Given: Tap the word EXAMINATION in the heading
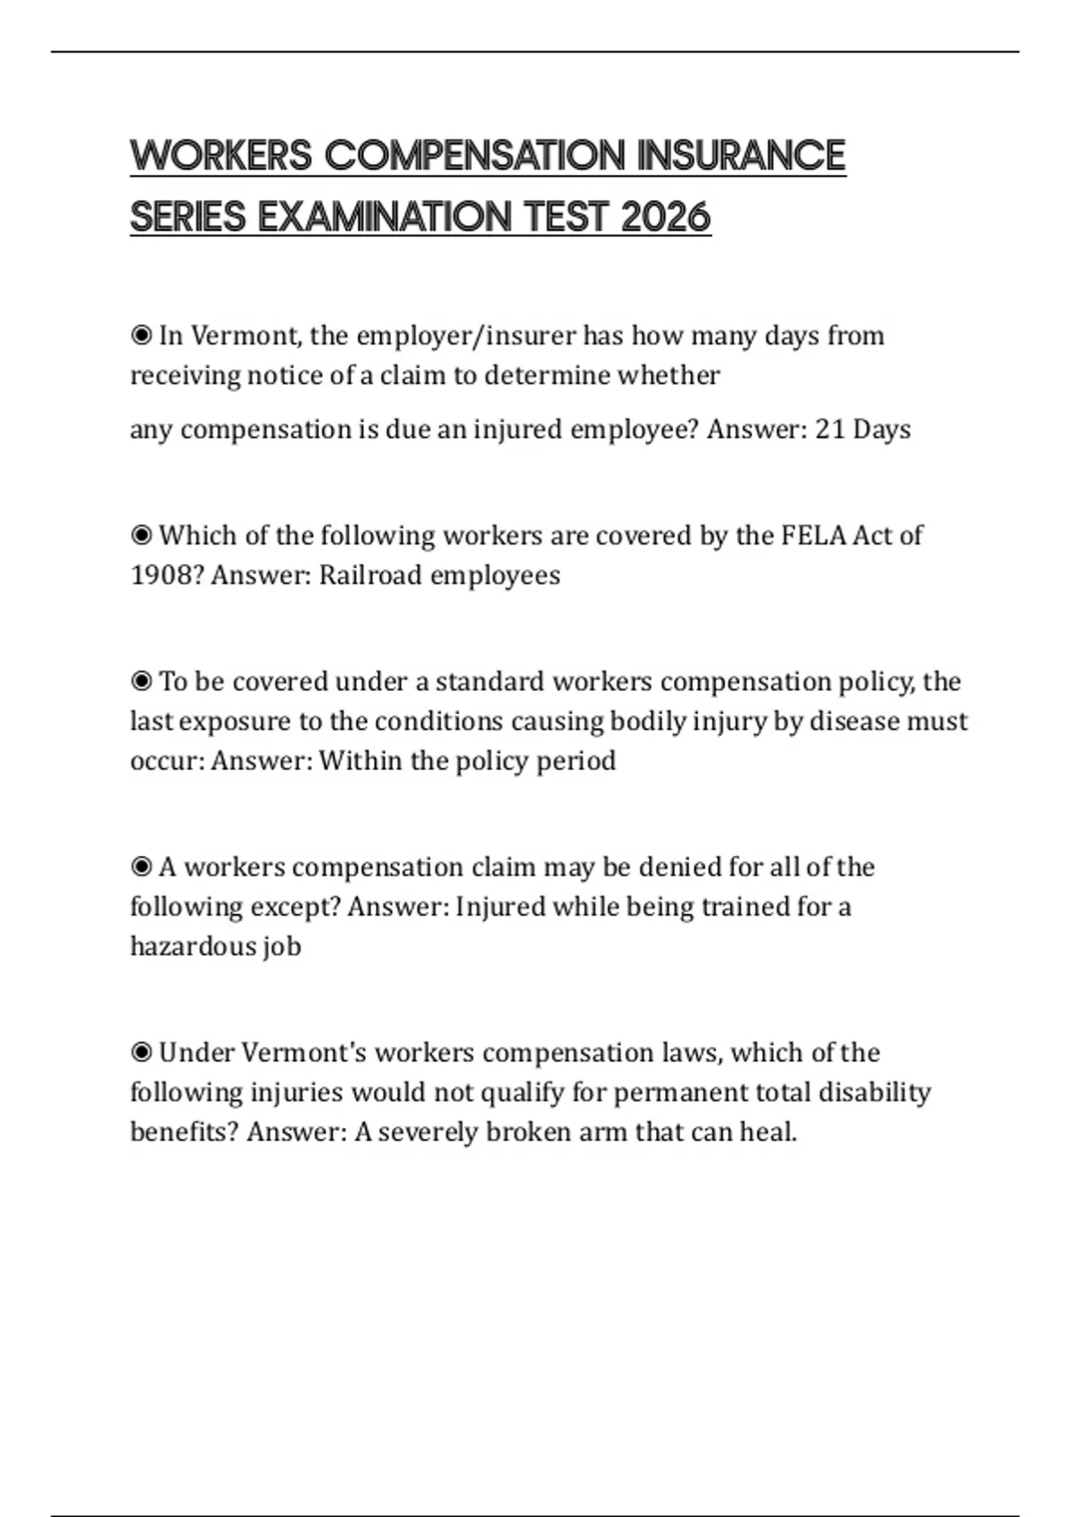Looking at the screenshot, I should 386,217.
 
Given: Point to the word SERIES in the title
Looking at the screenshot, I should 187,217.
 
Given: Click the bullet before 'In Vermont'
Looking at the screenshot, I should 141,336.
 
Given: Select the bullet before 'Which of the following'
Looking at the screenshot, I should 141,535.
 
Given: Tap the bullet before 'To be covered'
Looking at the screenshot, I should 141,682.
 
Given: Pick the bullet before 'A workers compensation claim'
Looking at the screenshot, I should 141,867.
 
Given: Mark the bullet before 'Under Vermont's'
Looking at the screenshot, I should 141,1053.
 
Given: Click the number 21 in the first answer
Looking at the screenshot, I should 830,429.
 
